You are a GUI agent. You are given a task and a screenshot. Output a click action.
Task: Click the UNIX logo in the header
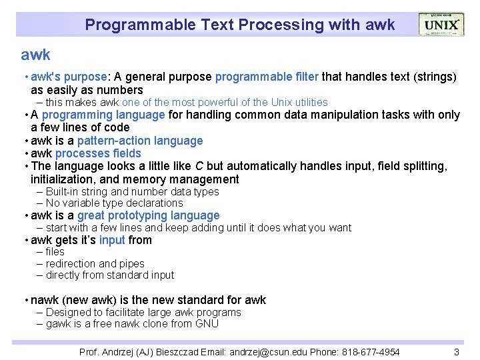[441, 25]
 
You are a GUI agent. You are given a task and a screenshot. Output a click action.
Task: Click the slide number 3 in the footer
[457, 351]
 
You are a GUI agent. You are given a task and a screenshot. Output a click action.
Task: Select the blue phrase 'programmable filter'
[267, 77]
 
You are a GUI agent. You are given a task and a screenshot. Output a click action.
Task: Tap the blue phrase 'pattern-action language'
[140, 141]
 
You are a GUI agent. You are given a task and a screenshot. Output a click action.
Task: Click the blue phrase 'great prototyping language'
[148, 215]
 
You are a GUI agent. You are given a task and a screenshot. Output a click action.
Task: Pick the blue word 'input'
[112, 240]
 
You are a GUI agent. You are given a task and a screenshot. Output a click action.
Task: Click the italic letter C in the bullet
[199, 166]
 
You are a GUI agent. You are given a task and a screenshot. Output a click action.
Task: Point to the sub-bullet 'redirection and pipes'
[95, 263]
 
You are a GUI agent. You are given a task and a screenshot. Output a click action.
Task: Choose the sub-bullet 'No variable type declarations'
[114, 203]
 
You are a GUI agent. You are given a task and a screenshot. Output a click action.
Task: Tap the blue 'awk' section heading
[35, 55]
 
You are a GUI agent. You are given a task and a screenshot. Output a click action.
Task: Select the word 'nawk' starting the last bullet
[45, 300]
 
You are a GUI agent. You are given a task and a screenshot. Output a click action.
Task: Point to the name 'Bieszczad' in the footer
[179, 351]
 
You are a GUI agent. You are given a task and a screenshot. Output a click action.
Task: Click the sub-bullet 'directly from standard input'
[110, 275]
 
